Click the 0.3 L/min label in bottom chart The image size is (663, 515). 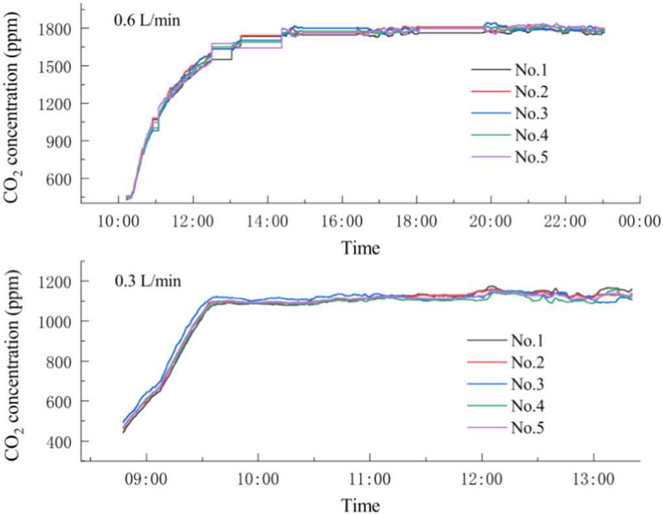click(x=146, y=282)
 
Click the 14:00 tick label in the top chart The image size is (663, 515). click(x=267, y=222)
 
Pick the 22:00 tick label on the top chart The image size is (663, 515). click(x=565, y=222)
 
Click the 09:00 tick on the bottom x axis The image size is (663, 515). click(x=146, y=480)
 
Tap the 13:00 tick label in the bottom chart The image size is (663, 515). click(x=594, y=480)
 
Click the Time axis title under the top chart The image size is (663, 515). click(x=361, y=247)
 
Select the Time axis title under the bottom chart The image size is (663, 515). click(x=361, y=505)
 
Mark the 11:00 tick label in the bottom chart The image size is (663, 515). click(x=370, y=480)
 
